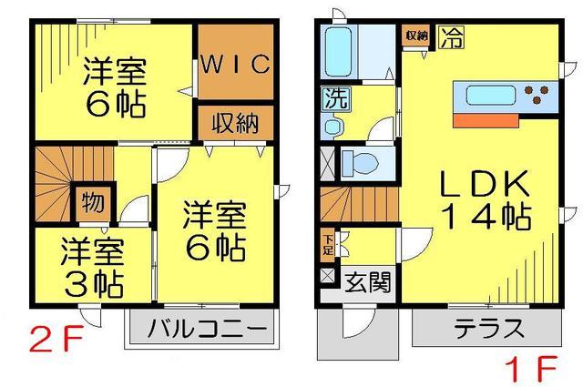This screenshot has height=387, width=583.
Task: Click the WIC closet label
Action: click(234, 64)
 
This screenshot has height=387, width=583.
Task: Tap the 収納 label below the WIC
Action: click(235, 122)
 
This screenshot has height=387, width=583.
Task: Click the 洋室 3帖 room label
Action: click(93, 266)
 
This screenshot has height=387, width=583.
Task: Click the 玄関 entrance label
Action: click(369, 282)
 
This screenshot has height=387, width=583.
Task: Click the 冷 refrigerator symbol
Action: click(450, 37)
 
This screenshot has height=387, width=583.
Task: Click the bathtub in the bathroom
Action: click(341, 54)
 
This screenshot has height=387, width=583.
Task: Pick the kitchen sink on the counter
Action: click(491, 94)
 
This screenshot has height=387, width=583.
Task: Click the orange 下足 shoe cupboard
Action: click(328, 243)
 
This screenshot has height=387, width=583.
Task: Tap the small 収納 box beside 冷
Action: click(417, 36)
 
